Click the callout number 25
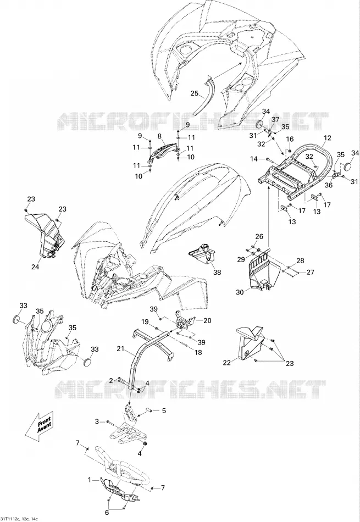pos(195,93)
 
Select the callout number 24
pos(35,266)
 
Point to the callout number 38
pos(217,273)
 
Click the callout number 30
pos(240,292)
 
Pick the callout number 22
pos(227,363)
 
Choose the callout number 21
pos(120,349)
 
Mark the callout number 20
pos(207,320)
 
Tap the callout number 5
pos(164,411)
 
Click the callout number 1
pos(89,480)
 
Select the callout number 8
pos(159,136)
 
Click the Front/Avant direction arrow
pos(39,426)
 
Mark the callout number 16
pos(290,139)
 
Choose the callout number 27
pos(311,273)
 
